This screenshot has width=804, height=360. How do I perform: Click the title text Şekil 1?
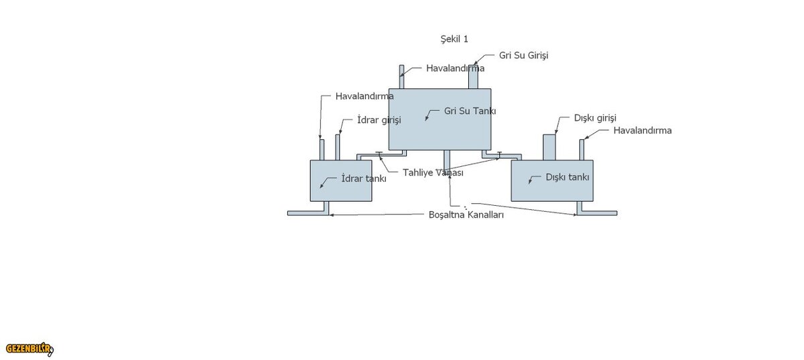click(x=454, y=39)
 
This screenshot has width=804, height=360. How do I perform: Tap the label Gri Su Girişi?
click(x=523, y=55)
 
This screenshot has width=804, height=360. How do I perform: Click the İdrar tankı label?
click(x=364, y=178)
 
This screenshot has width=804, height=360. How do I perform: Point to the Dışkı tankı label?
click(x=567, y=178)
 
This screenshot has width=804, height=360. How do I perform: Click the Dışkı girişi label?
click(x=595, y=117)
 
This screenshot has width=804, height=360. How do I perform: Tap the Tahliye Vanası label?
click(x=433, y=172)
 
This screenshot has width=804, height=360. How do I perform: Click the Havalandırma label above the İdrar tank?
click(x=364, y=96)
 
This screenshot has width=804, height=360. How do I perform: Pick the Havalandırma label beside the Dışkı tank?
click(x=642, y=130)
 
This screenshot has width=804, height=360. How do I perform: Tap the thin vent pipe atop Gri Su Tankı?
click(x=402, y=77)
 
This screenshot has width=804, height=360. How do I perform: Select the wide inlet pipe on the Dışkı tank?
click(x=549, y=147)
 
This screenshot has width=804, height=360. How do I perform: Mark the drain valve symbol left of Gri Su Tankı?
click(x=379, y=154)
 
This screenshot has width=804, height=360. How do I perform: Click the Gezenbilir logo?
click(x=29, y=349)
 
